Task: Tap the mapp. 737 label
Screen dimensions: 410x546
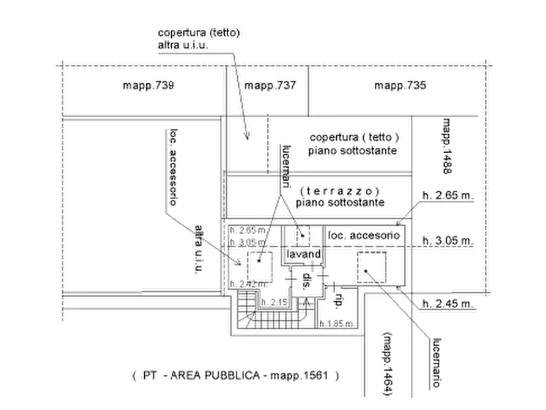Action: (x=270, y=86)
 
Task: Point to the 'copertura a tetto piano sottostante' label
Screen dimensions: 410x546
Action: (x=355, y=143)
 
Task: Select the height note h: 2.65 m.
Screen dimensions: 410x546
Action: (x=447, y=196)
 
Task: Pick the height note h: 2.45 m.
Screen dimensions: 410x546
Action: (x=448, y=304)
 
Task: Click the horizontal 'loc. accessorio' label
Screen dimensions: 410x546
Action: (x=365, y=236)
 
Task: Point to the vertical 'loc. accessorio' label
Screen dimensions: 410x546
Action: (x=173, y=165)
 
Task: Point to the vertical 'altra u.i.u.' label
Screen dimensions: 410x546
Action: (x=198, y=251)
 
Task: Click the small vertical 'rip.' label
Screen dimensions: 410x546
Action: (x=336, y=300)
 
